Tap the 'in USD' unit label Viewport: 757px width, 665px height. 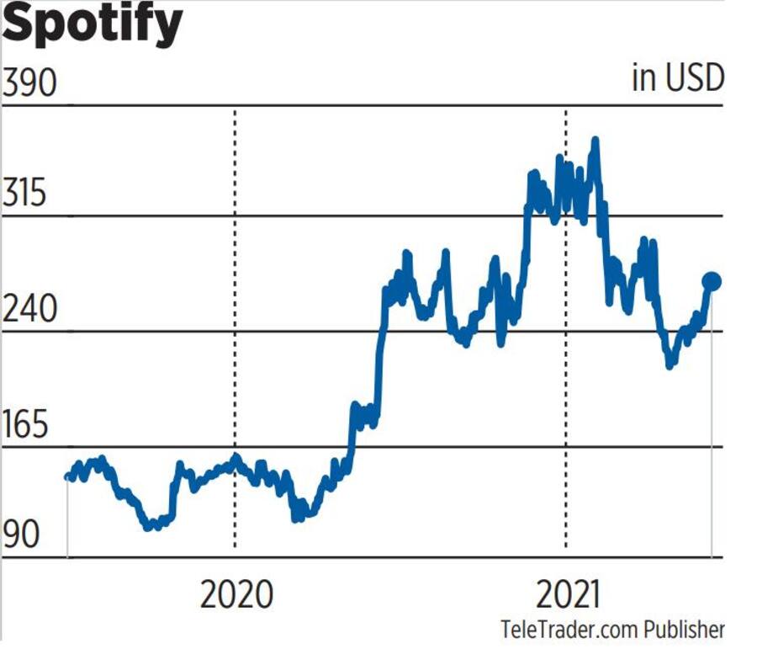tap(677, 79)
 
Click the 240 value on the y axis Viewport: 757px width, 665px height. tap(30, 310)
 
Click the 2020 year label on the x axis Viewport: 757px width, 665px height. tap(236, 594)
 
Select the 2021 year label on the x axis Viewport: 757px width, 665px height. tap(569, 594)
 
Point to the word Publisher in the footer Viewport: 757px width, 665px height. tap(684, 630)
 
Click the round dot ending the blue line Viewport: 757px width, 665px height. tap(712, 281)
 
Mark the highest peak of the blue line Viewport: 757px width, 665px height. tap(595, 141)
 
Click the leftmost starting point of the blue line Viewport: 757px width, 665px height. tap(68, 476)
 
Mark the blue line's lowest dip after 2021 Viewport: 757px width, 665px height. tap(670, 364)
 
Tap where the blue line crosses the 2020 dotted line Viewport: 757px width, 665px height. tap(235, 459)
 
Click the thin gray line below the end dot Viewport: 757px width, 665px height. tap(712, 421)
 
